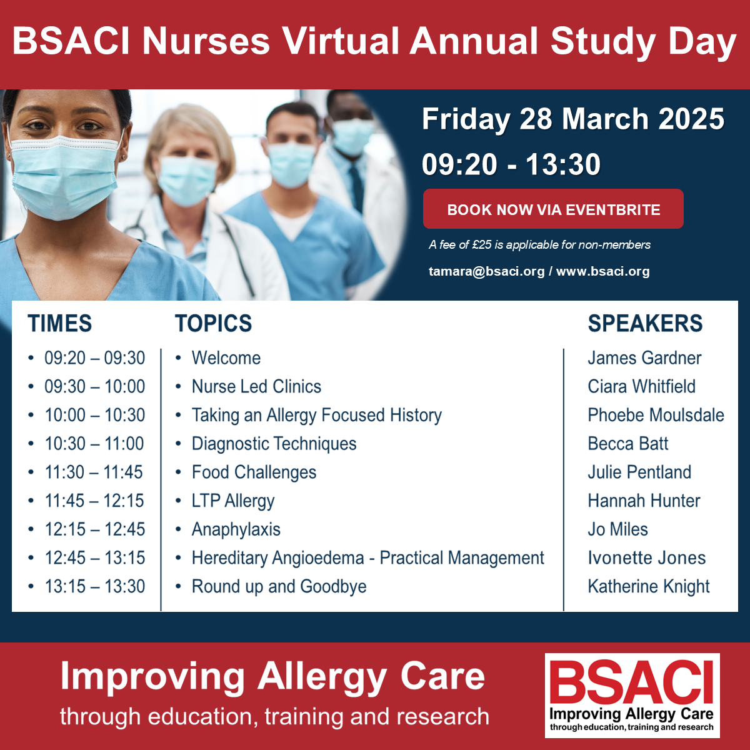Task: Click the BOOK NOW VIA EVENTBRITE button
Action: (x=553, y=209)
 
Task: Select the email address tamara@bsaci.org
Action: (x=486, y=271)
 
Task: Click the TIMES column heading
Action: (x=59, y=323)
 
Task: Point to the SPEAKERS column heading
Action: (x=645, y=323)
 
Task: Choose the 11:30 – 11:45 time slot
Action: (x=94, y=472)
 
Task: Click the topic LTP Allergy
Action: (x=233, y=501)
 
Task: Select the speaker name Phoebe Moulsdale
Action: (x=656, y=415)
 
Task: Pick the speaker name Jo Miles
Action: (x=617, y=529)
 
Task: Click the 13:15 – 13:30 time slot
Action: (x=94, y=586)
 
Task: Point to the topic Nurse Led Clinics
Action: (x=256, y=386)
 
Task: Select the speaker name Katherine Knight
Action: (x=648, y=587)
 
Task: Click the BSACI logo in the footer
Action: (x=632, y=695)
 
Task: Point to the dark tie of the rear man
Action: (x=357, y=187)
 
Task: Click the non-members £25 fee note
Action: (x=539, y=245)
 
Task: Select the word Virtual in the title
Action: (x=341, y=41)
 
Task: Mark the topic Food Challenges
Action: (x=254, y=472)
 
